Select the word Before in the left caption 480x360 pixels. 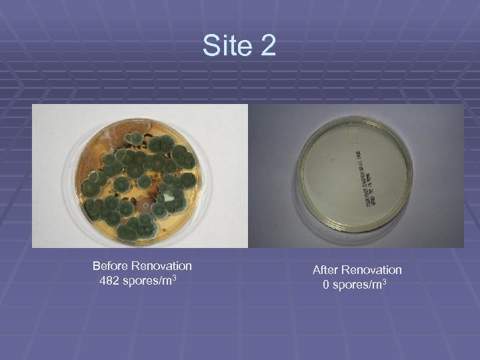[x=111, y=266]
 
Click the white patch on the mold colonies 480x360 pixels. [x=171, y=198]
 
